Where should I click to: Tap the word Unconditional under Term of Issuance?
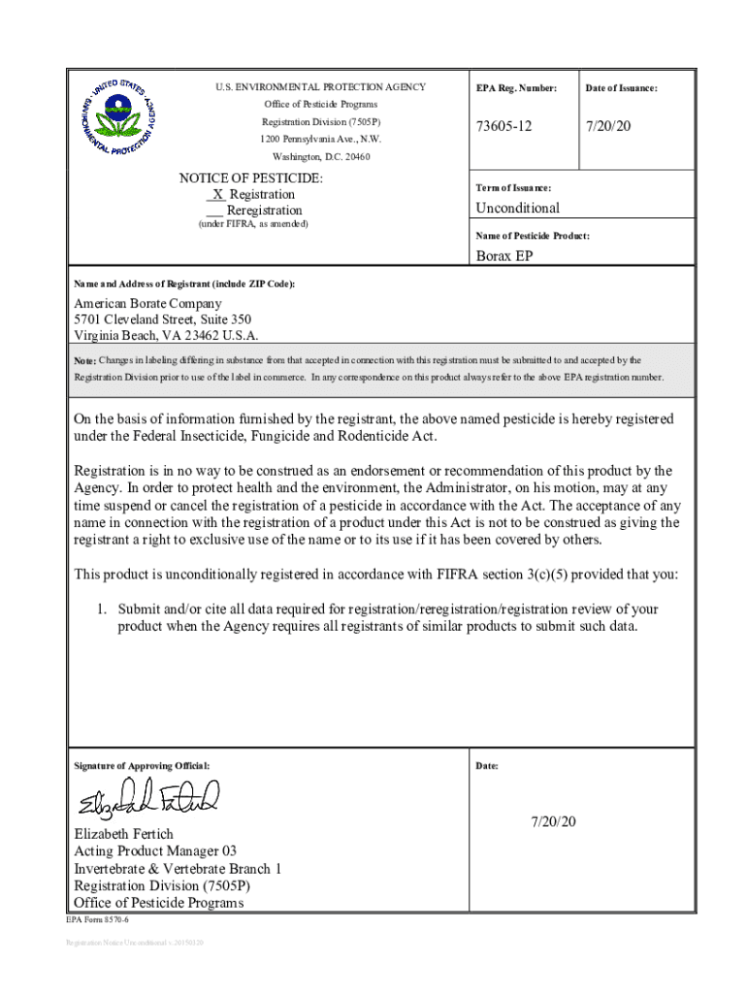[517, 208]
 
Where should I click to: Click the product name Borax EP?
[503, 256]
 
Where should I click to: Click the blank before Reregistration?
[214, 211]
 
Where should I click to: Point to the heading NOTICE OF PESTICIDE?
[251, 179]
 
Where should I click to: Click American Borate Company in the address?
[147, 304]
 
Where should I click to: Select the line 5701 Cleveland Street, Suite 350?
[163, 319]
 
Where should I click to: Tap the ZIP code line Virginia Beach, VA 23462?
[166, 335]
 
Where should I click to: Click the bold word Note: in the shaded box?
[85, 360]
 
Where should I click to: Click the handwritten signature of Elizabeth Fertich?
[149, 798]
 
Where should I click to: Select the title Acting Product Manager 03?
[155, 851]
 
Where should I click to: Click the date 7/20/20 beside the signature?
[553, 822]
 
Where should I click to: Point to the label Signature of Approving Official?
[141, 766]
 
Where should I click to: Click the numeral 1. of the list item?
[100, 609]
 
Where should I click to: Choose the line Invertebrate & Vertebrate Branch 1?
[178, 869]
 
